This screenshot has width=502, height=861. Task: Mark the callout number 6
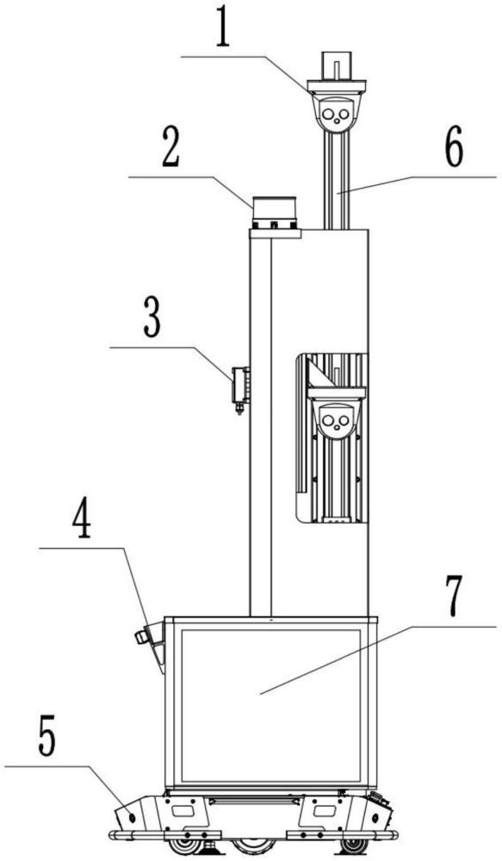(x=453, y=146)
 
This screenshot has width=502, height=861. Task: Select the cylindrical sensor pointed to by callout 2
(x=274, y=213)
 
